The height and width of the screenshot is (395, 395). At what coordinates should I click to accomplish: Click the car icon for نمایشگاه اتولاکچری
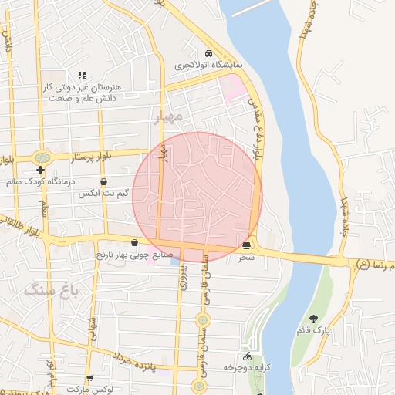tap(208, 54)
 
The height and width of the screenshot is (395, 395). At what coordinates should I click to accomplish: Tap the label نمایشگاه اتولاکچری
tap(208, 66)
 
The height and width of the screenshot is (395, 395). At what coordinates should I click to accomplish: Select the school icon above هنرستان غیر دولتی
tap(81, 76)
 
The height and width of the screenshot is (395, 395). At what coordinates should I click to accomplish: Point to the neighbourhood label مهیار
tap(167, 117)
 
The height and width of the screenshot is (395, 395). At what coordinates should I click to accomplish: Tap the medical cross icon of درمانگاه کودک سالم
tap(40, 170)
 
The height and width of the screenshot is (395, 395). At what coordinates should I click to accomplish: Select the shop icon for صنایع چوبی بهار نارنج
tap(134, 242)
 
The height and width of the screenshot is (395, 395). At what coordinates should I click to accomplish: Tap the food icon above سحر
tap(246, 245)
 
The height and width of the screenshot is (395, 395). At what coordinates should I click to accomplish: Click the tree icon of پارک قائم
tap(312, 319)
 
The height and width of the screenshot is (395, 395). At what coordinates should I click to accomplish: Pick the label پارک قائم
tap(312, 330)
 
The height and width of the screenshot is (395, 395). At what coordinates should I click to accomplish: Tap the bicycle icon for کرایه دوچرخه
tap(247, 357)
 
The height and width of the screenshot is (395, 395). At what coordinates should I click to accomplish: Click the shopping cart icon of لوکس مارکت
tap(89, 378)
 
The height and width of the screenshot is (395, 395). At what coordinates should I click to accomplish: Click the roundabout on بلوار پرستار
tap(42, 157)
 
